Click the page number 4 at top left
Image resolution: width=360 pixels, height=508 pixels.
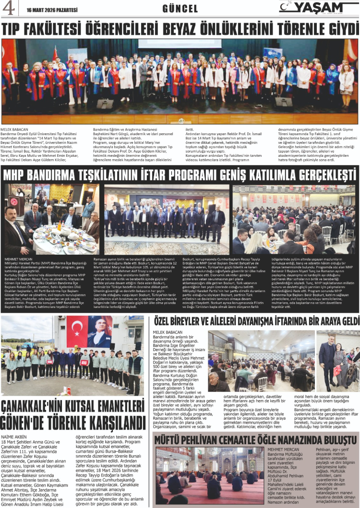(8, 8)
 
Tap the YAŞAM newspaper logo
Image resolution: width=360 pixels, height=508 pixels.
(319, 7)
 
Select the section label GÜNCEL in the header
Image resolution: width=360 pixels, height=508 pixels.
(180, 8)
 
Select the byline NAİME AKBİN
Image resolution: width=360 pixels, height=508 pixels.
(13, 437)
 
